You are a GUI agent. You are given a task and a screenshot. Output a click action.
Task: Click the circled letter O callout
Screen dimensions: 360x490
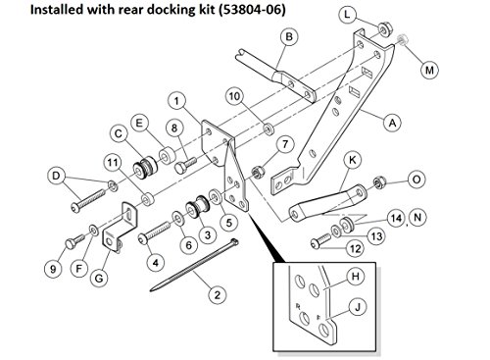click(416, 180)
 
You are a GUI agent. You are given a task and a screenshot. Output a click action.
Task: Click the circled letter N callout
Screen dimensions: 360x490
click(420, 216)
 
